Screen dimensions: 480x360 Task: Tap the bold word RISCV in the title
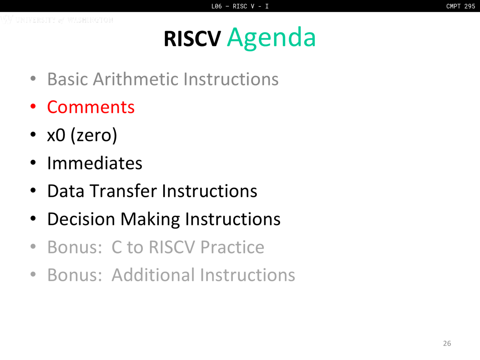(192, 39)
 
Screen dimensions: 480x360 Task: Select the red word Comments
(91, 107)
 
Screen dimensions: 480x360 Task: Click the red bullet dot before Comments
(33, 106)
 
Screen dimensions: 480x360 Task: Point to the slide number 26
(447, 343)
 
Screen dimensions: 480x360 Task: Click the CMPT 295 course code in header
(460, 6)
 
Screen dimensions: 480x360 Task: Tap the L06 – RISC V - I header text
(240, 6)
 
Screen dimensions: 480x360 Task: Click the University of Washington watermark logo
(57, 19)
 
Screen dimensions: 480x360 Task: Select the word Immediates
(95, 163)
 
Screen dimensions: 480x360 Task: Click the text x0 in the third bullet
(56, 135)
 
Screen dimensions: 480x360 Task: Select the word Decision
(81, 219)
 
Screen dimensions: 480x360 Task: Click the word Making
(150, 220)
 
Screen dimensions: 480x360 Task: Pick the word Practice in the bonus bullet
(232, 247)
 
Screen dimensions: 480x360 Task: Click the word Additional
(153, 275)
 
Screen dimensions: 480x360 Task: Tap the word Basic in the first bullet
(67, 79)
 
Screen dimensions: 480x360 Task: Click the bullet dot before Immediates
(33, 162)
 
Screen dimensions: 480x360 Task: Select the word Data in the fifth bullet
(66, 191)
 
